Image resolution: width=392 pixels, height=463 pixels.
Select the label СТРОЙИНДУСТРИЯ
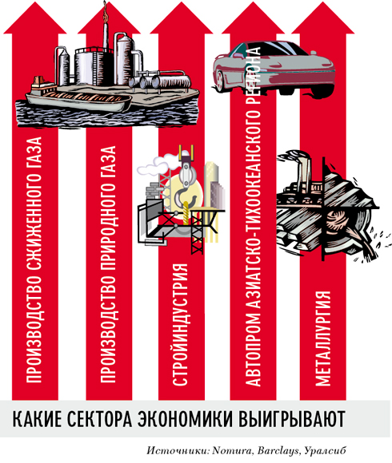click(180, 325)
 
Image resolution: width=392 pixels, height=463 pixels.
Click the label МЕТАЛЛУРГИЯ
click(322, 338)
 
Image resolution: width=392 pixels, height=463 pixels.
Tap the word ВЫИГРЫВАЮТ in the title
click(292, 419)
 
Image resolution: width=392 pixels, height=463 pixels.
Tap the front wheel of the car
click(221, 80)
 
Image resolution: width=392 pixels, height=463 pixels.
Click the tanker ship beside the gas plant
click(79, 100)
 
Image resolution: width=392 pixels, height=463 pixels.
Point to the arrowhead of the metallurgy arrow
click(322, 18)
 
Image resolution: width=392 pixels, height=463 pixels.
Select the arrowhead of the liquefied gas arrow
click(34, 18)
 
